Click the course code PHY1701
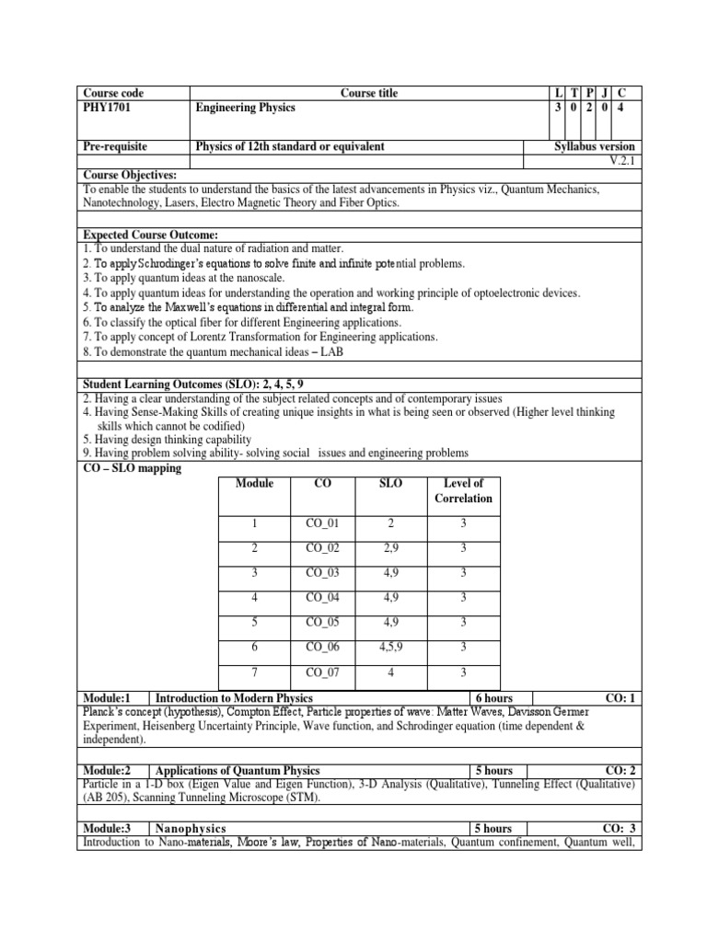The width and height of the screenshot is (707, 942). click(104, 108)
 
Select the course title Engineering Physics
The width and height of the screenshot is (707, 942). click(246, 108)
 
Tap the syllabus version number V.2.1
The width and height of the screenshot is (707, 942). click(626, 160)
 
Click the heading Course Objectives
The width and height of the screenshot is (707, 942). click(130, 175)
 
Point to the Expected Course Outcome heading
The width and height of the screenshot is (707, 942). click(150, 235)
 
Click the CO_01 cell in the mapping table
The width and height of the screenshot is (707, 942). click(322, 523)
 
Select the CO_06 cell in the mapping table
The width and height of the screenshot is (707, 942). click(322, 647)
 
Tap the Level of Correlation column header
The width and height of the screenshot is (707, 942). click(463, 491)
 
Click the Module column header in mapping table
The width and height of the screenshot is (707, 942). click(254, 484)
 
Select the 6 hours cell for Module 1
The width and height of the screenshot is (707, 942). click(493, 698)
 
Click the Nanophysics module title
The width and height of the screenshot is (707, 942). click(191, 829)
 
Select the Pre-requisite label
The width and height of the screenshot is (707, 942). click(115, 146)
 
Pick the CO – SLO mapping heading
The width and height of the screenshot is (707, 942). click(132, 468)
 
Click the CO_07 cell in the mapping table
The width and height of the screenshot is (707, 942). click(322, 672)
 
